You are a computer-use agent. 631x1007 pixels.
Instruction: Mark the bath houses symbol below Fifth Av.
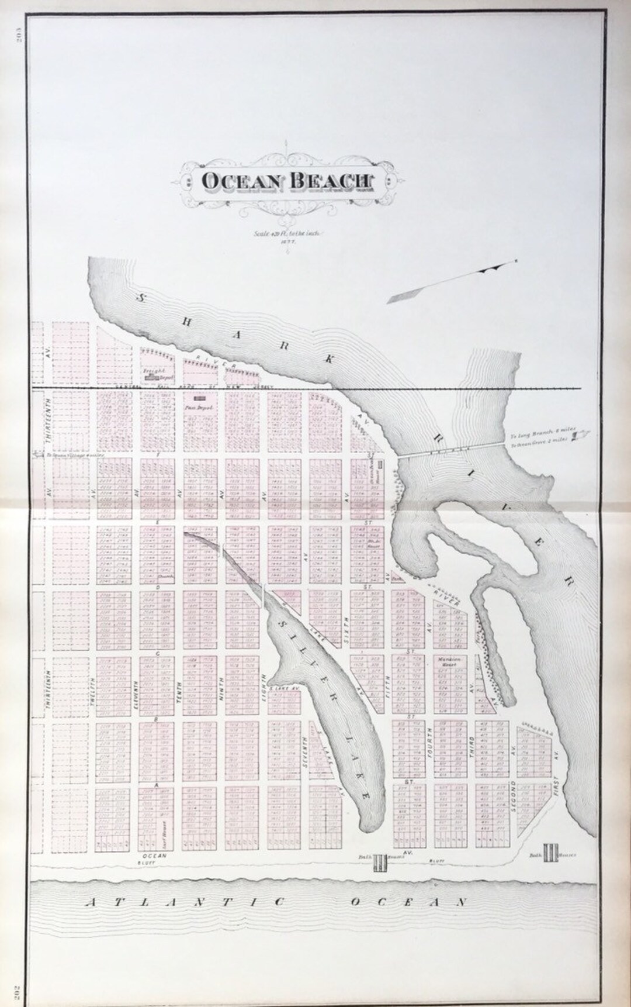380,861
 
